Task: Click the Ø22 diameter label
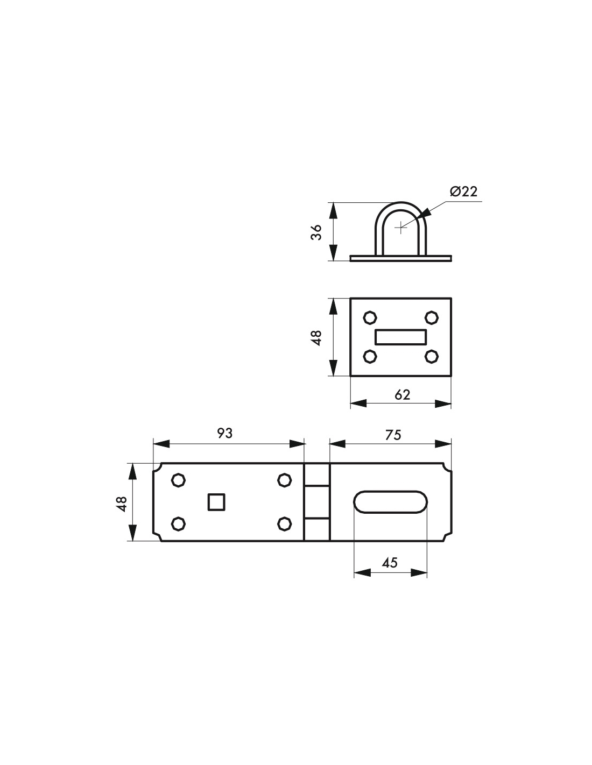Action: pos(463,192)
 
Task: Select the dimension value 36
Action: pos(316,232)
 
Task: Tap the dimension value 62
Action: pos(402,395)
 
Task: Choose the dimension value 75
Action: pos(393,435)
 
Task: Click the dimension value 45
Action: pos(390,563)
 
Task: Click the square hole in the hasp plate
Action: pos(216,502)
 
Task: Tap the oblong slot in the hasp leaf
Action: pos(390,502)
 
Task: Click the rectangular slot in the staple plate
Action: pos(400,337)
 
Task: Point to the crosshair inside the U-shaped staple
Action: pos(400,228)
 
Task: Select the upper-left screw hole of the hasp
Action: pos(178,480)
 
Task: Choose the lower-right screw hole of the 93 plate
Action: pos(284,523)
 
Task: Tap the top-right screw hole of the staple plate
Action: pos(431,317)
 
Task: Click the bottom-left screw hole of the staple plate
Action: pos(370,357)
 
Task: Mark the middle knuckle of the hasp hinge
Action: pos(316,502)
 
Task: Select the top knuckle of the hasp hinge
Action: pos(316,474)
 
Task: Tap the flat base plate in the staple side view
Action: pos(400,259)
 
